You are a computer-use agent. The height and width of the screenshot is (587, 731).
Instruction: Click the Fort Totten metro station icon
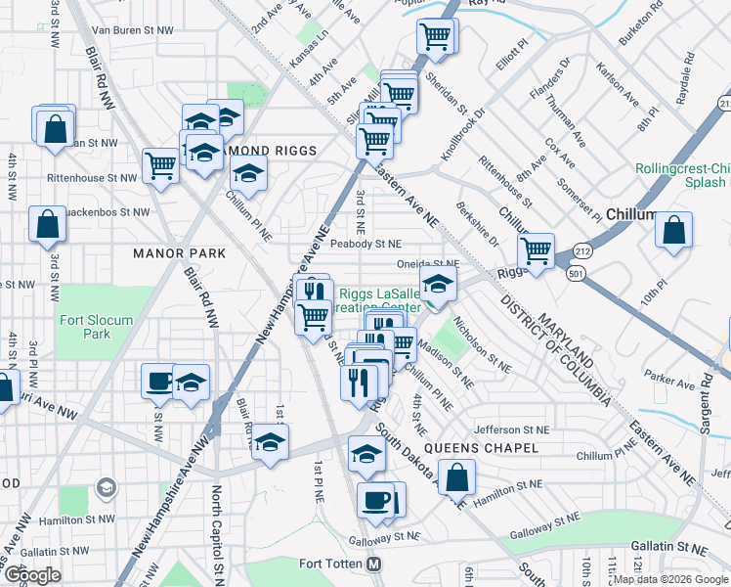[373, 564]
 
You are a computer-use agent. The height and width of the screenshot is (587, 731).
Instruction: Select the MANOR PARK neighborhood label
[179, 253]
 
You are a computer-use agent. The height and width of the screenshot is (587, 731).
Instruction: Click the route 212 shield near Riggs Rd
[581, 251]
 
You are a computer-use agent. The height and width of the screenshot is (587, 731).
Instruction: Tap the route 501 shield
[576, 274]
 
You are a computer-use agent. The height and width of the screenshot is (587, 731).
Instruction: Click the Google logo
[32, 575]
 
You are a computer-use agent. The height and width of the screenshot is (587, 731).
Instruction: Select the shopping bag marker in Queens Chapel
[456, 478]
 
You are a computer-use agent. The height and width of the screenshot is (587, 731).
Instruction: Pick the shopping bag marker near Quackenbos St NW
[47, 225]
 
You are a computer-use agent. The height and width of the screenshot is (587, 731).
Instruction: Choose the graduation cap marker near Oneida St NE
[438, 285]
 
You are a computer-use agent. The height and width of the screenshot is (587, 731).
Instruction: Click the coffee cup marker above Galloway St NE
[375, 501]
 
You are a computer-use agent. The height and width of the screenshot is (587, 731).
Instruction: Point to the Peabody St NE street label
[365, 244]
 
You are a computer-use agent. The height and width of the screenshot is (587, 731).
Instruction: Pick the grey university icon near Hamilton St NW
[106, 487]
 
